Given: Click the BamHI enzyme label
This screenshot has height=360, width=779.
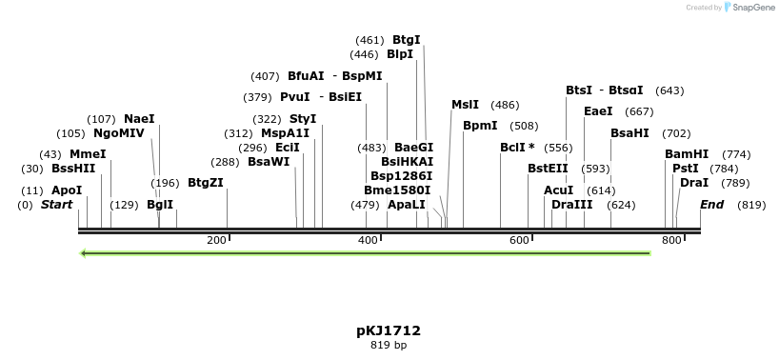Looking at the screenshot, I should point(687,154).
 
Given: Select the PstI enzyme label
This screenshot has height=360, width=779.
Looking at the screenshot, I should point(686,169).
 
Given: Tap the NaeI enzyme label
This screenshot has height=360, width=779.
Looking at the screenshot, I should point(139,119).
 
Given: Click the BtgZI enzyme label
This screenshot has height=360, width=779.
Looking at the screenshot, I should point(205,183).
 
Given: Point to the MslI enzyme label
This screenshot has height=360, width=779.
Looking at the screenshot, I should point(466,105).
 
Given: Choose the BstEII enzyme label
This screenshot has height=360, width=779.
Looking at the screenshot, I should point(548,169).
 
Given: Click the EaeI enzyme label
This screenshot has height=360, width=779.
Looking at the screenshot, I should point(598,111).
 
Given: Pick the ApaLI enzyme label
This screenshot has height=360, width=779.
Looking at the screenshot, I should point(406,205).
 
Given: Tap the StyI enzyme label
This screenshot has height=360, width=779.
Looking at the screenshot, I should point(303,119).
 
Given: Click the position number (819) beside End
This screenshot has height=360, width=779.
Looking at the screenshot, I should point(751,205).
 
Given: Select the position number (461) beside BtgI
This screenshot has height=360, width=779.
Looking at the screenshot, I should point(370,40).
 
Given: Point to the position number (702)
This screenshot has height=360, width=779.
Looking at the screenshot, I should point(676,133).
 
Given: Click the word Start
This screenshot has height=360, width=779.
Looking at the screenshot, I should point(56,205).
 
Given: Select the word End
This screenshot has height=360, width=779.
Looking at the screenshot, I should point(711,205).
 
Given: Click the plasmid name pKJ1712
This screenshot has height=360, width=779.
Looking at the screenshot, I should point(389,330).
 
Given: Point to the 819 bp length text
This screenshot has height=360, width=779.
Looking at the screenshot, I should point(389,345).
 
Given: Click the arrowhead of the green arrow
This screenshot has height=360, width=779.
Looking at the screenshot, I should point(86,253).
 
